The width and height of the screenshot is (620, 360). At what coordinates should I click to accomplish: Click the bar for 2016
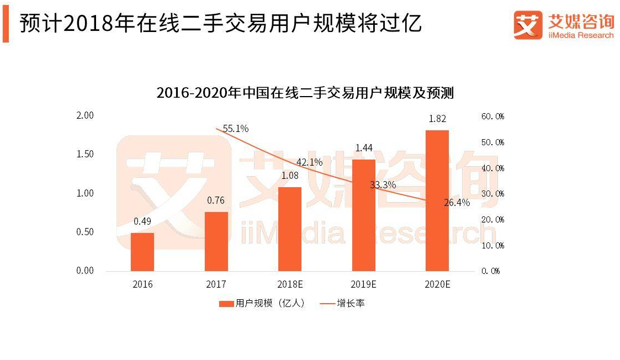tap(142, 252)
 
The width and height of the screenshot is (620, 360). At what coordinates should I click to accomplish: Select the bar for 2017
tap(216, 241)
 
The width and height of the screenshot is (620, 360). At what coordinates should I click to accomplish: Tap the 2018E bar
tap(290, 229)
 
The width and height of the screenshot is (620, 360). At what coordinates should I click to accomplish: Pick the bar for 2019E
tap(363, 215)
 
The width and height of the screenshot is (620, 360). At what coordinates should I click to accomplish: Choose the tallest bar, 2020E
tap(437, 200)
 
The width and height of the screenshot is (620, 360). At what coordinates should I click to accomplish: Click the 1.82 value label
tap(437, 119)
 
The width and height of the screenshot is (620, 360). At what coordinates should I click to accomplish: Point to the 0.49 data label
tap(142, 221)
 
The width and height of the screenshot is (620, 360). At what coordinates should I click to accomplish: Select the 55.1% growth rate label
tap(236, 129)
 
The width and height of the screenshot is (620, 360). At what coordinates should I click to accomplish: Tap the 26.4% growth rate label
tap(457, 203)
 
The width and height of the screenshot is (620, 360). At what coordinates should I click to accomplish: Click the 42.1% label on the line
tap(309, 162)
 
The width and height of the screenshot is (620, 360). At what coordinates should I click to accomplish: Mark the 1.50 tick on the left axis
tap(85, 154)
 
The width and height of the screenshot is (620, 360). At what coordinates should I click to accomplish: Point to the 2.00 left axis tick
tap(85, 115)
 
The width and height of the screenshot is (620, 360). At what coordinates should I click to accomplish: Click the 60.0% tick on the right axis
tap(493, 117)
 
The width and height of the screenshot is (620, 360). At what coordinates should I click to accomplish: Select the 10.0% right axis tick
tap(493, 245)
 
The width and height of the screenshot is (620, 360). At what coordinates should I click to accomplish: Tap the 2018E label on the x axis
tap(290, 285)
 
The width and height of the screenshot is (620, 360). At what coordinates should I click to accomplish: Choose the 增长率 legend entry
tap(343, 304)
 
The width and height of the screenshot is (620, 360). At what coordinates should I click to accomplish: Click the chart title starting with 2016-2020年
tap(305, 93)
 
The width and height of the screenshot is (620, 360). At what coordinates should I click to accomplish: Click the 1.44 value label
tap(363, 148)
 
